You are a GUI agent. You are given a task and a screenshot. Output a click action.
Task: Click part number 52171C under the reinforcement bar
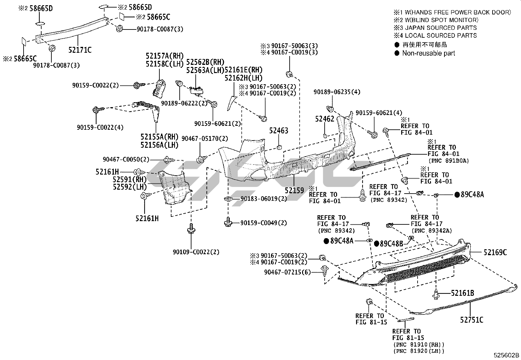pyautogui.click(x=80, y=50)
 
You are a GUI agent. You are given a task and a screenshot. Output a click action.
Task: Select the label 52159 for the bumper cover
pyautogui.click(x=294, y=190)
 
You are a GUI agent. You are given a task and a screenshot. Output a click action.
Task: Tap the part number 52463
pyautogui.click(x=278, y=131)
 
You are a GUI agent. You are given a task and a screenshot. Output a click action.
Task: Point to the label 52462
pyautogui.click(x=324, y=119)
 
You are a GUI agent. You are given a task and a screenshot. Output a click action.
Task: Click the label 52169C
pyautogui.click(x=495, y=252)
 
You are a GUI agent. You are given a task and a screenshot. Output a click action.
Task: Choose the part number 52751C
pyautogui.click(x=472, y=320)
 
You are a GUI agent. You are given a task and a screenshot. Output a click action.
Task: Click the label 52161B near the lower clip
pyautogui.click(x=462, y=293)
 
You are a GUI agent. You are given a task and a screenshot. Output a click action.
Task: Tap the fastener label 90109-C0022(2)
pyautogui.click(x=196, y=252)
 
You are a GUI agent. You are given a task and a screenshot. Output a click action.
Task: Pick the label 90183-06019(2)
pyautogui.click(x=264, y=199)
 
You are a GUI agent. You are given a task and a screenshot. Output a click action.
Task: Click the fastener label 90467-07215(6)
pyautogui.click(x=287, y=272)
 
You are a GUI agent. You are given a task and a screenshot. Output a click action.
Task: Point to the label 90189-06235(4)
pyautogui.click(x=337, y=92)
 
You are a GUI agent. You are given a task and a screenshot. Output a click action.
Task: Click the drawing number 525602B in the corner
pyautogui.click(x=507, y=355)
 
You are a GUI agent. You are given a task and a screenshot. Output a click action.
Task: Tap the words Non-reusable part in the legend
pyautogui.click(x=428, y=53)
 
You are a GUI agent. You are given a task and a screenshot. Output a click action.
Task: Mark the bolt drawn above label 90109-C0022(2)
pyautogui.click(x=191, y=228)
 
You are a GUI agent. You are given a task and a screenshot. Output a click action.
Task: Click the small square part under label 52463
pyautogui.click(x=279, y=146)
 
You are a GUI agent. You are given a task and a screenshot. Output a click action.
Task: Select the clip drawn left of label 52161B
pyautogui.click(x=436, y=294)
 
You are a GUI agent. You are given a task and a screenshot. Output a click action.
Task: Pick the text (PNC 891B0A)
pyautogui.click(x=448, y=161)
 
